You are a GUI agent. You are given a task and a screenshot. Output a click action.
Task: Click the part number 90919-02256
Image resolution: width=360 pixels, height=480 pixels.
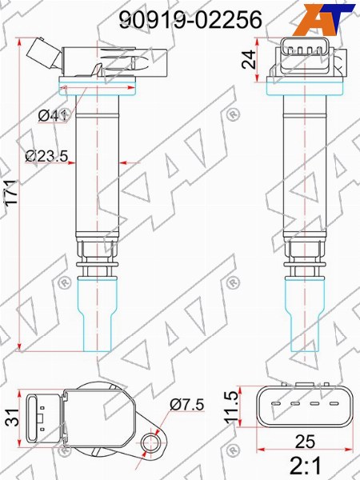[190, 19]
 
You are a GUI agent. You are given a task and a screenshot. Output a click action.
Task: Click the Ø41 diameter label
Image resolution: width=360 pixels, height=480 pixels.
[53, 115]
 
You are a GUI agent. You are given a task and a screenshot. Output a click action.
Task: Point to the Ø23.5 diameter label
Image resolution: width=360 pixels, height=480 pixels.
[46, 157]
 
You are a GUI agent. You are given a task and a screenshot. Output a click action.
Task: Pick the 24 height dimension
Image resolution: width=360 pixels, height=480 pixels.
[248, 59]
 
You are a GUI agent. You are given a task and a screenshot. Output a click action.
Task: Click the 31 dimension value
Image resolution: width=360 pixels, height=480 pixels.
[12, 418]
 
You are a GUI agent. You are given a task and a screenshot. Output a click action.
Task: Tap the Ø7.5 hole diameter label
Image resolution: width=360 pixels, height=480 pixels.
[186, 405]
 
